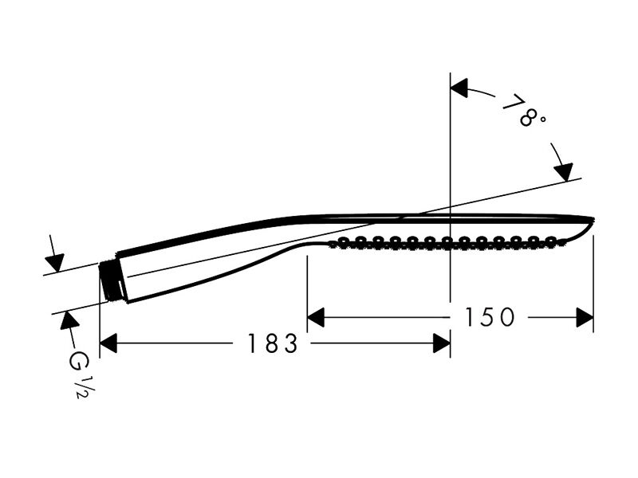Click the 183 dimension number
[273, 343]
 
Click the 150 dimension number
[490, 317]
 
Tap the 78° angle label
[523, 111]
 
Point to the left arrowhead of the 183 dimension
[108, 343]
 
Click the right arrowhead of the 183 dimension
[442, 343]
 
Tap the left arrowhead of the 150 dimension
[316, 317]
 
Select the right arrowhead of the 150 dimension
[585, 317]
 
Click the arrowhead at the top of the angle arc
[459, 88]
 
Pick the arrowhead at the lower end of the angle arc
[565, 172]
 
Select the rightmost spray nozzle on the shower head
[551, 241]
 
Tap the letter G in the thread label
[75, 361]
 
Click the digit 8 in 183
[271, 343]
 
